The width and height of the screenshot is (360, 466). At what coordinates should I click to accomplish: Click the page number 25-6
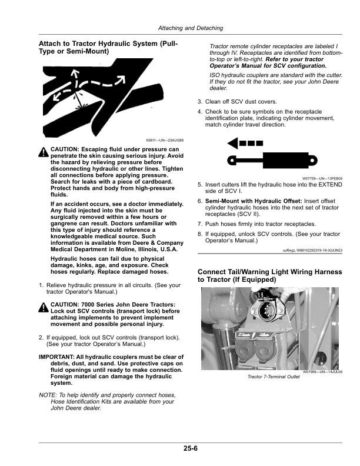coord(189,449)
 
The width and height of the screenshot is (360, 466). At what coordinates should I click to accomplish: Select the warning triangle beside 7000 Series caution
coord(44,307)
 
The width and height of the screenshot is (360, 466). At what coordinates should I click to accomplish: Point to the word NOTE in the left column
coord(48,394)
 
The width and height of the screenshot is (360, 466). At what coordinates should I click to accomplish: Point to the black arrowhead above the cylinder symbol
coord(234,142)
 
